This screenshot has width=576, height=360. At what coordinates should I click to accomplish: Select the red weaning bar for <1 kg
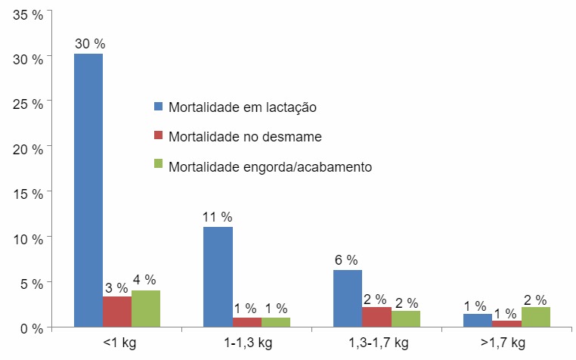click(117, 312)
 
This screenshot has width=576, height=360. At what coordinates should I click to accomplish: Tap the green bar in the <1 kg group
click(146, 309)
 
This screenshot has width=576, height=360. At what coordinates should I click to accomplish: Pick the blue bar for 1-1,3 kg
click(218, 277)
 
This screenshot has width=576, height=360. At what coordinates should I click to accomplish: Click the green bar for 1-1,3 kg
click(276, 322)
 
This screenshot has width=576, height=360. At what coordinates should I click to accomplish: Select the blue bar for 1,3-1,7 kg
click(348, 298)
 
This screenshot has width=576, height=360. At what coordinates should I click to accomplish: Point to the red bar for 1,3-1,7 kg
click(377, 317)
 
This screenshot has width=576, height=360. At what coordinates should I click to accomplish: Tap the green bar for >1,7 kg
click(536, 317)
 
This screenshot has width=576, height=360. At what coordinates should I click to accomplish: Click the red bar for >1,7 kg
click(507, 324)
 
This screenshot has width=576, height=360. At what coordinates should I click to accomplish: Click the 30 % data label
click(89, 44)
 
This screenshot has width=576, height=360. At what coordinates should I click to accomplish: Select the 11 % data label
click(218, 217)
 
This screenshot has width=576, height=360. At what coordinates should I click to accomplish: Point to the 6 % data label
click(346, 260)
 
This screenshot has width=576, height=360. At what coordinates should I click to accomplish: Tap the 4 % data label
click(144, 280)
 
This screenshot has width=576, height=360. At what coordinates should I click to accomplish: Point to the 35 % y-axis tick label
click(26, 13)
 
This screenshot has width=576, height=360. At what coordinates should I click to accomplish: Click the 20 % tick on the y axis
click(26, 148)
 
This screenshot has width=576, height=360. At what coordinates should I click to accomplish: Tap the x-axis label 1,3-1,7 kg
click(378, 343)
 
